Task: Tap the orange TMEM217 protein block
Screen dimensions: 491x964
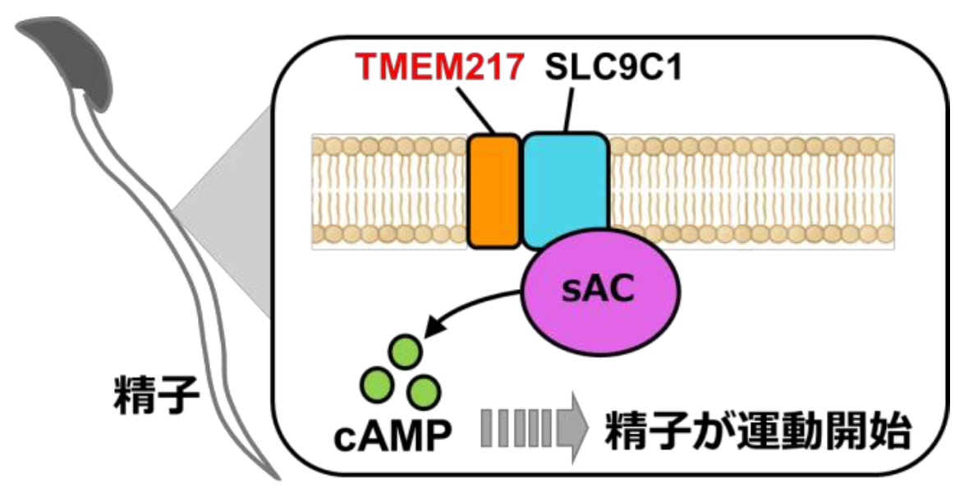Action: click(x=493, y=190)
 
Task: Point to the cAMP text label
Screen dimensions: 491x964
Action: click(x=392, y=436)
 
